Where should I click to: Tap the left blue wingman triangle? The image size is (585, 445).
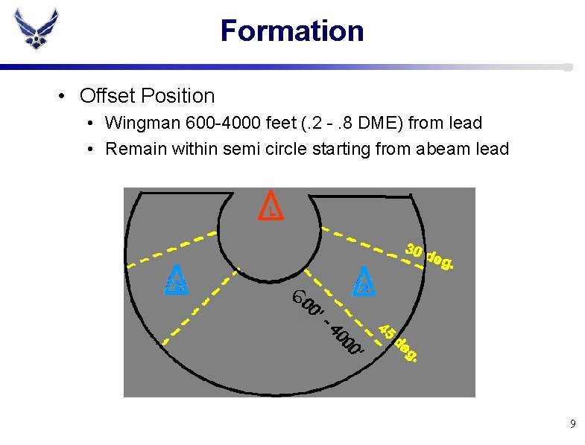click(x=177, y=280)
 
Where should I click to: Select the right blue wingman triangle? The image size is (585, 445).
click(x=364, y=280)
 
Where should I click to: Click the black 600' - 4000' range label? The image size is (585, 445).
click(x=328, y=321)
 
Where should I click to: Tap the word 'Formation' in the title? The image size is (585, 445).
click(x=292, y=31)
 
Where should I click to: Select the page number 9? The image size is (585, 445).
click(x=572, y=424)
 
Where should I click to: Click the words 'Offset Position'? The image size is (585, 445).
click(x=147, y=96)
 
